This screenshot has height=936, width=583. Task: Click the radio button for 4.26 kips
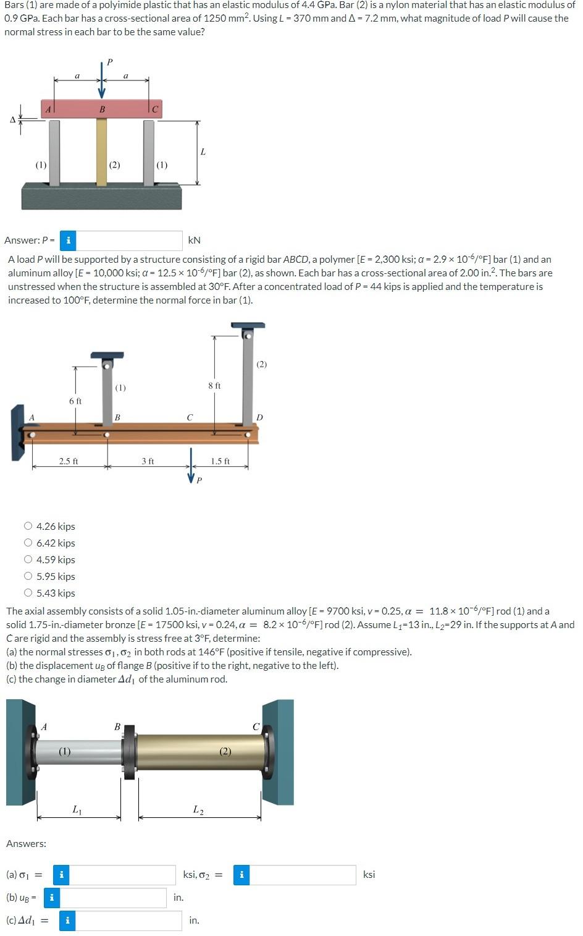pos(28,526)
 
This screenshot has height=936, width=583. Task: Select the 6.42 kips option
pos(28,543)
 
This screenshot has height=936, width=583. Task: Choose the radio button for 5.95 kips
pos(28,576)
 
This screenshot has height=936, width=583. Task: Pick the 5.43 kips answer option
pos(28,593)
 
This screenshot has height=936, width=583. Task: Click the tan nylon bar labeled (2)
pos(101,151)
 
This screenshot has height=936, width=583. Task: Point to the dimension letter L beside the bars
pos(203,151)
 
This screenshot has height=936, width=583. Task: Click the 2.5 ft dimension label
pos(69,461)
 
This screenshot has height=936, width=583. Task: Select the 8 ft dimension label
pos(214,385)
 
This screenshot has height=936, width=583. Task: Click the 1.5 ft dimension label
pos(220,461)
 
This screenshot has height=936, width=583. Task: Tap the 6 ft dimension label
pos(75,401)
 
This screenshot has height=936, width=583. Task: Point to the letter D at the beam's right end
pos(259,417)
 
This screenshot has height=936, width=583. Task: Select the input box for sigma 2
pos(303,874)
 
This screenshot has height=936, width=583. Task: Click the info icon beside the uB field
pos(51,897)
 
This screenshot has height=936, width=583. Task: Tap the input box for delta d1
pos(128,920)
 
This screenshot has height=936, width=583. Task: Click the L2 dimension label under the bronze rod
pos(198,809)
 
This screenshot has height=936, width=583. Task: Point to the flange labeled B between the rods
pos(129,751)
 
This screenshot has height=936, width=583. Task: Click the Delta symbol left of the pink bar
pos(12,119)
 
